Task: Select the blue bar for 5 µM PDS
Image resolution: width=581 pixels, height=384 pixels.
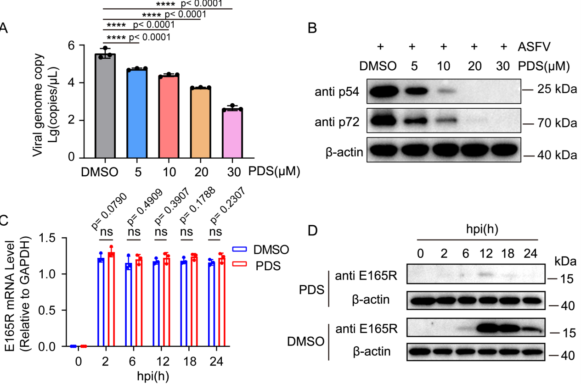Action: [137, 114]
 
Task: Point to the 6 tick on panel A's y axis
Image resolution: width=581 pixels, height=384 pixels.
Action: [71, 45]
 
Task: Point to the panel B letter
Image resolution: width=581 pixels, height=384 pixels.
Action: [312, 28]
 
